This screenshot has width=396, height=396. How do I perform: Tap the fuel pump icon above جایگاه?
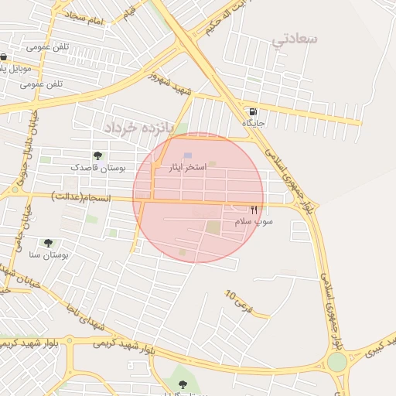pyautogui.click(x=254, y=111)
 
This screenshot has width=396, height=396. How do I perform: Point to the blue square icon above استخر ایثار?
pyautogui.click(x=188, y=155)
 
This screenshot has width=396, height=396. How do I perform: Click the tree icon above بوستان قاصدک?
pyautogui.click(x=97, y=155)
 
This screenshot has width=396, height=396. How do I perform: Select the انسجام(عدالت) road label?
pyautogui.click(x=81, y=198)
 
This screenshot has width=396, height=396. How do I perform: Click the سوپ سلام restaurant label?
pyautogui.click(x=254, y=222)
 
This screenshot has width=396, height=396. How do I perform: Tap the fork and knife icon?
pyautogui.click(x=254, y=210)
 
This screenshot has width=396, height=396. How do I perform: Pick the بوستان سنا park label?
pyautogui.click(x=49, y=254)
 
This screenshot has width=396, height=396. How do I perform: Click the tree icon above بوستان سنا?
pyautogui.click(x=49, y=243)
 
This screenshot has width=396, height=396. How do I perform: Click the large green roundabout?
pyautogui.click(x=337, y=362)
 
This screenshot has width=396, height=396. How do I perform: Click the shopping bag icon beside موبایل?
pyautogui.click(x=5, y=56)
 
